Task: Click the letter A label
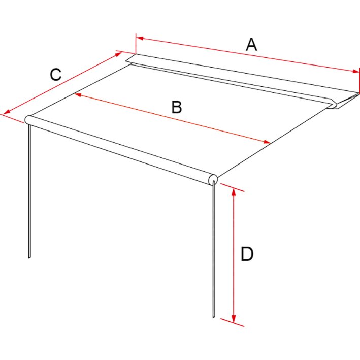pos(251,45)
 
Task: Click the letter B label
pos(177,107)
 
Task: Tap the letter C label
pos(56,75)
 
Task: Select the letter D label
pos(247,254)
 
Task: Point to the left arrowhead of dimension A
pos(140,38)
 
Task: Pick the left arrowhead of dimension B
pos(78,94)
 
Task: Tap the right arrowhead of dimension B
pos(267,142)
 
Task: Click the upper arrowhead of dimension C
pos(118,54)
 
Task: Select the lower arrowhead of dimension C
pos(7,112)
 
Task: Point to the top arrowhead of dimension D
pos(234,192)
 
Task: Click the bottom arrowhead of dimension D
pos(234,319)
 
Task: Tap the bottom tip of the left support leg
pos(29,258)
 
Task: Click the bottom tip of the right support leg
pos(214,317)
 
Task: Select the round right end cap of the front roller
pos(213,179)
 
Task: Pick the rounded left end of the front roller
pos(28,120)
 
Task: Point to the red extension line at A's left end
pos(136,44)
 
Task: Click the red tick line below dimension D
pos(232,322)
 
